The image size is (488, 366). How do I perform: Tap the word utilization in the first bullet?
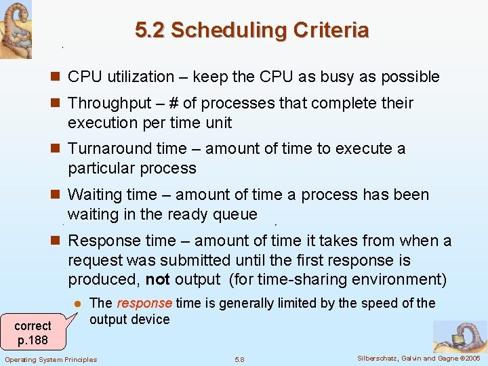pos(140,77)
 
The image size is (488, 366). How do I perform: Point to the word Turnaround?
pos(111,149)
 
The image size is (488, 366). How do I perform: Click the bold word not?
pos(157,280)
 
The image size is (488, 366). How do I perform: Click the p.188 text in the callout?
pos(33,339)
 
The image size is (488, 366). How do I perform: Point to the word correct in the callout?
pos(33,326)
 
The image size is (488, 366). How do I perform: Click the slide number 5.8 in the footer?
pos(239,359)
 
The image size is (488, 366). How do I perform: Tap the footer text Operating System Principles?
pos(51,359)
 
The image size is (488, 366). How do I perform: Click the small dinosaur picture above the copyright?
pos(460,337)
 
